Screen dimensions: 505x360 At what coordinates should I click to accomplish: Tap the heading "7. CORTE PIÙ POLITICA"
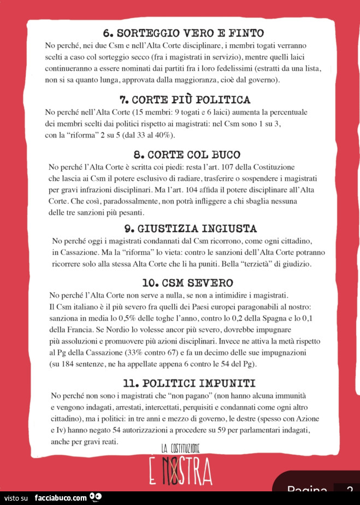[185, 99]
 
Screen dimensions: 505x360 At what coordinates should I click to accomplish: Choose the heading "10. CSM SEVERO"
[187, 283]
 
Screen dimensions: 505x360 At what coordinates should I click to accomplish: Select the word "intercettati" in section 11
[155, 407]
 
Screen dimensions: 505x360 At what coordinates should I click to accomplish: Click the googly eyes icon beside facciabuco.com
[96, 497]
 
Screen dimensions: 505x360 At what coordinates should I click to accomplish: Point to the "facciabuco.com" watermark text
[60, 497]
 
